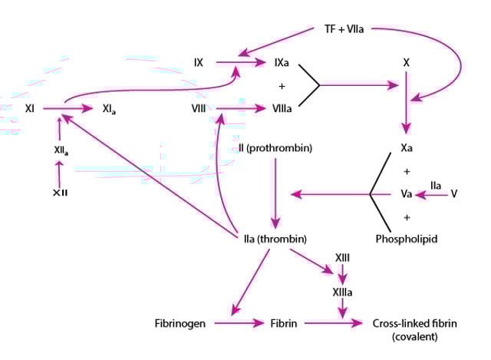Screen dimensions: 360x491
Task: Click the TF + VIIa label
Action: [343, 29]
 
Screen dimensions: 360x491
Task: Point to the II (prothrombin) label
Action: [275, 147]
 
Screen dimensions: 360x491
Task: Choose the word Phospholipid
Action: [407, 239]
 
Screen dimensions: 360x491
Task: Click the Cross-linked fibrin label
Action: [414, 323]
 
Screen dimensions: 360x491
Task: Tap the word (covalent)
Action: [414, 337]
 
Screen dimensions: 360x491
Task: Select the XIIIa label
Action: [343, 292]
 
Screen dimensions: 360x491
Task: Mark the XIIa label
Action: [60, 151]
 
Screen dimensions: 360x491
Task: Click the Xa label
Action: [407, 147]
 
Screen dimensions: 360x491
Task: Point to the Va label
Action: [407, 194]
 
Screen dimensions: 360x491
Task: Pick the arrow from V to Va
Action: [435, 195]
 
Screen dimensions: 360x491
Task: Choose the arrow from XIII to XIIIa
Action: [343, 274]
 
